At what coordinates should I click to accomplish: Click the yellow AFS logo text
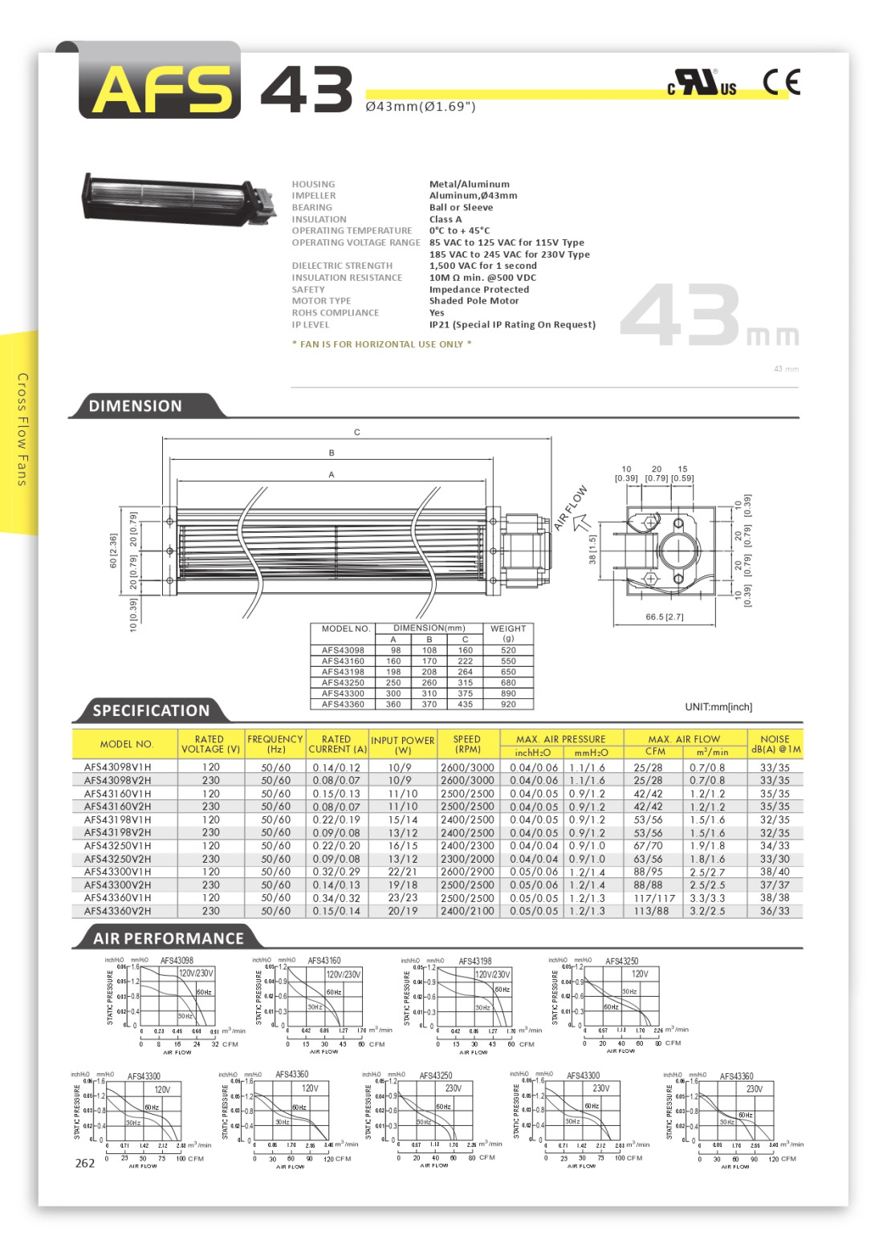pyautogui.click(x=161, y=88)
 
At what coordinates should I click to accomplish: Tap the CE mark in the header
pyautogui.click(x=780, y=82)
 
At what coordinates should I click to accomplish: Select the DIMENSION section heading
pyautogui.click(x=135, y=406)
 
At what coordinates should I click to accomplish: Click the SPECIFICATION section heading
pyautogui.click(x=150, y=710)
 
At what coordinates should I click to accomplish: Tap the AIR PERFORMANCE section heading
pyautogui.click(x=168, y=938)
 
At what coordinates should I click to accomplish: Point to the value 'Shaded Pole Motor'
pyautogui.click(x=474, y=301)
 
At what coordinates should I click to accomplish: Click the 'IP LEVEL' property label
pyautogui.click(x=311, y=325)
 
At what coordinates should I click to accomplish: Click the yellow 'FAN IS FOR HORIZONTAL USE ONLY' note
pyautogui.click(x=381, y=344)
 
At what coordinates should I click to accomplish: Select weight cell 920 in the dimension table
pyautogui.click(x=508, y=704)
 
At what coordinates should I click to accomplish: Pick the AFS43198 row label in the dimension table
pyautogui.click(x=343, y=672)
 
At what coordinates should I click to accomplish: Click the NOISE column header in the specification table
pyautogui.click(x=775, y=744)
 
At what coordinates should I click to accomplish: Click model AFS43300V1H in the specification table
pyautogui.click(x=117, y=872)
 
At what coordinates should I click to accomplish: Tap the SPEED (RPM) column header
pyautogui.click(x=467, y=744)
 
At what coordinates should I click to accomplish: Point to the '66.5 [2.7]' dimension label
pyautogui.click(x=664, y=617)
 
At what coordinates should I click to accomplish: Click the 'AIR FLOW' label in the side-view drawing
pyautogui.click(x=571, y=507)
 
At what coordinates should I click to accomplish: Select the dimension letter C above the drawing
pyautogui.click(x=357, y=433)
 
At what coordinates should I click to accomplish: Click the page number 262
pyautogui.click(x=84, y=1164)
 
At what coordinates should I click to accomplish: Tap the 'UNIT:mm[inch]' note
pyautogui.click(x=718, y=707)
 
